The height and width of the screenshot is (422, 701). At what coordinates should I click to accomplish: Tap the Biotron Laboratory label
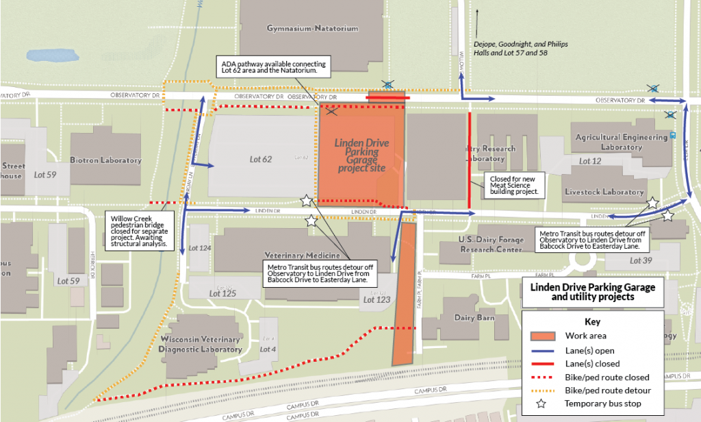click(105, 160)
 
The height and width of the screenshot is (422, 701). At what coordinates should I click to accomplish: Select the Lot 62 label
click(261, 159)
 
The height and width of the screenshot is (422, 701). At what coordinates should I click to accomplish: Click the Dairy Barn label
click(474, 318)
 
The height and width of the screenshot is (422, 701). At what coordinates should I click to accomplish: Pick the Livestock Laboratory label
click(604, 193)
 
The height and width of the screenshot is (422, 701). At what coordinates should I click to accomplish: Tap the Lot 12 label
click(589, 161)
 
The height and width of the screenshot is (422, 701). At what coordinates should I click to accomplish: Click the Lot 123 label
click(377, 299)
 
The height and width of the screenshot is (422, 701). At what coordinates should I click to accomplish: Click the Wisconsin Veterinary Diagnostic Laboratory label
click(201, 345)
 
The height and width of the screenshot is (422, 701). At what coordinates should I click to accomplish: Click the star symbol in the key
click(541, 404)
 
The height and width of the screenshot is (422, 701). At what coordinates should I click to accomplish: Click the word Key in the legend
click(592, 321)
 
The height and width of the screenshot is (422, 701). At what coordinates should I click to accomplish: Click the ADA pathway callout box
click(272, 66)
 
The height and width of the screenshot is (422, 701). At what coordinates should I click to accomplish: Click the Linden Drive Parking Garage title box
click(593, 292)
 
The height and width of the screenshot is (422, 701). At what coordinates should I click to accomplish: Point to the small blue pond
click(47, 53)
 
